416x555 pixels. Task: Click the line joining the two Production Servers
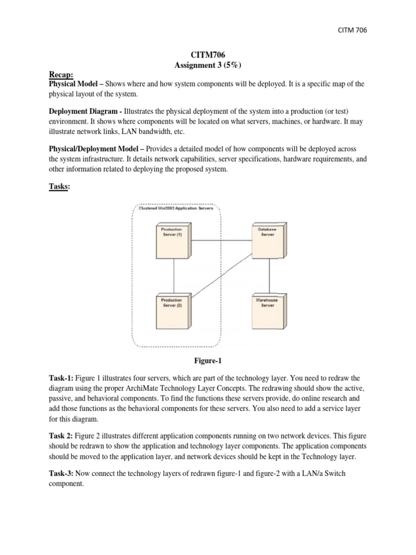[x=173, y=276]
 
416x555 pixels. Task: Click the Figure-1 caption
[x=208, y=360]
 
